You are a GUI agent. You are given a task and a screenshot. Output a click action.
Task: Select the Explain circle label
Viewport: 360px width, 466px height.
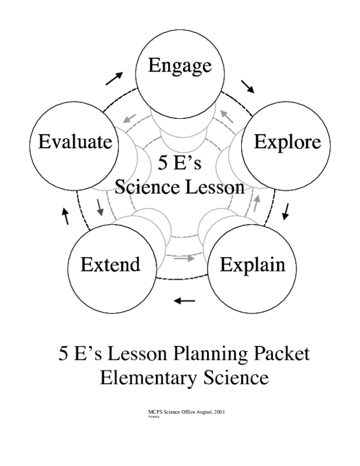pos(252,264)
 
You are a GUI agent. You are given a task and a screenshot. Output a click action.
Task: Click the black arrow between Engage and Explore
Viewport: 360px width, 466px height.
pos(248,86)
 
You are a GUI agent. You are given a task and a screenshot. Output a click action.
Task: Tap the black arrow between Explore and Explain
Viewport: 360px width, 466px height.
pos(286,210)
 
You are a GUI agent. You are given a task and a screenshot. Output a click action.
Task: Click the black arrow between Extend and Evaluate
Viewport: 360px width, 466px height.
pos(66,216)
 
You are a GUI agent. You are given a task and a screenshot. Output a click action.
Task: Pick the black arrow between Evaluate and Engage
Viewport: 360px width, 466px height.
pos(114,77)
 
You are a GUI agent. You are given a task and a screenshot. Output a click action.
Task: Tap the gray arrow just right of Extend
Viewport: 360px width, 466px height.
pos(186,258)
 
